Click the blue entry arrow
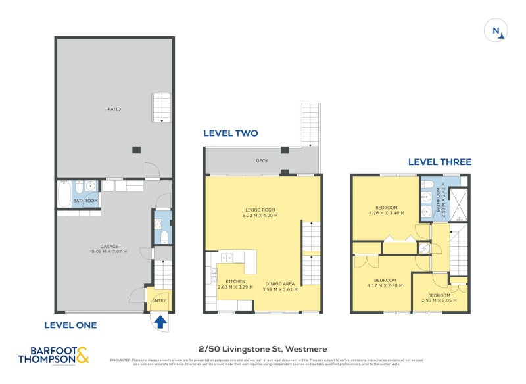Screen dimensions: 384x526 160,321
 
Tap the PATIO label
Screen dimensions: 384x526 115,109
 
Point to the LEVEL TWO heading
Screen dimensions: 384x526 230,133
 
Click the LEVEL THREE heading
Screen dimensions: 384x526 439,162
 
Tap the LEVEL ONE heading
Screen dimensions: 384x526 70,325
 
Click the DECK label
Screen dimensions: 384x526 262,160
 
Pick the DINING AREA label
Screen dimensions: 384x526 279,286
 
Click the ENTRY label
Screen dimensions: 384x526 158,300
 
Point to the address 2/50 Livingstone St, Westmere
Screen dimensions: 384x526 263,349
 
